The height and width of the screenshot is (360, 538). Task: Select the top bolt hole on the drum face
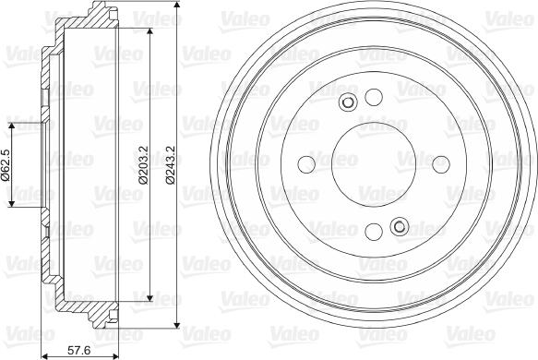(x=374, y=98)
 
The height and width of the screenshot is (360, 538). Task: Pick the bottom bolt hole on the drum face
(x=374, y=232)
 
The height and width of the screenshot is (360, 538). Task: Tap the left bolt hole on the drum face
(x=307, y=164)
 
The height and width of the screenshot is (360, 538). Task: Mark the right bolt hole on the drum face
(x=441, y=164)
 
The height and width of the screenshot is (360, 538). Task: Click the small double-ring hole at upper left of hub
(x=349, y=102)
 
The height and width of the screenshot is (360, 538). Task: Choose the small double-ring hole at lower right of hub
(x=400, y=226)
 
